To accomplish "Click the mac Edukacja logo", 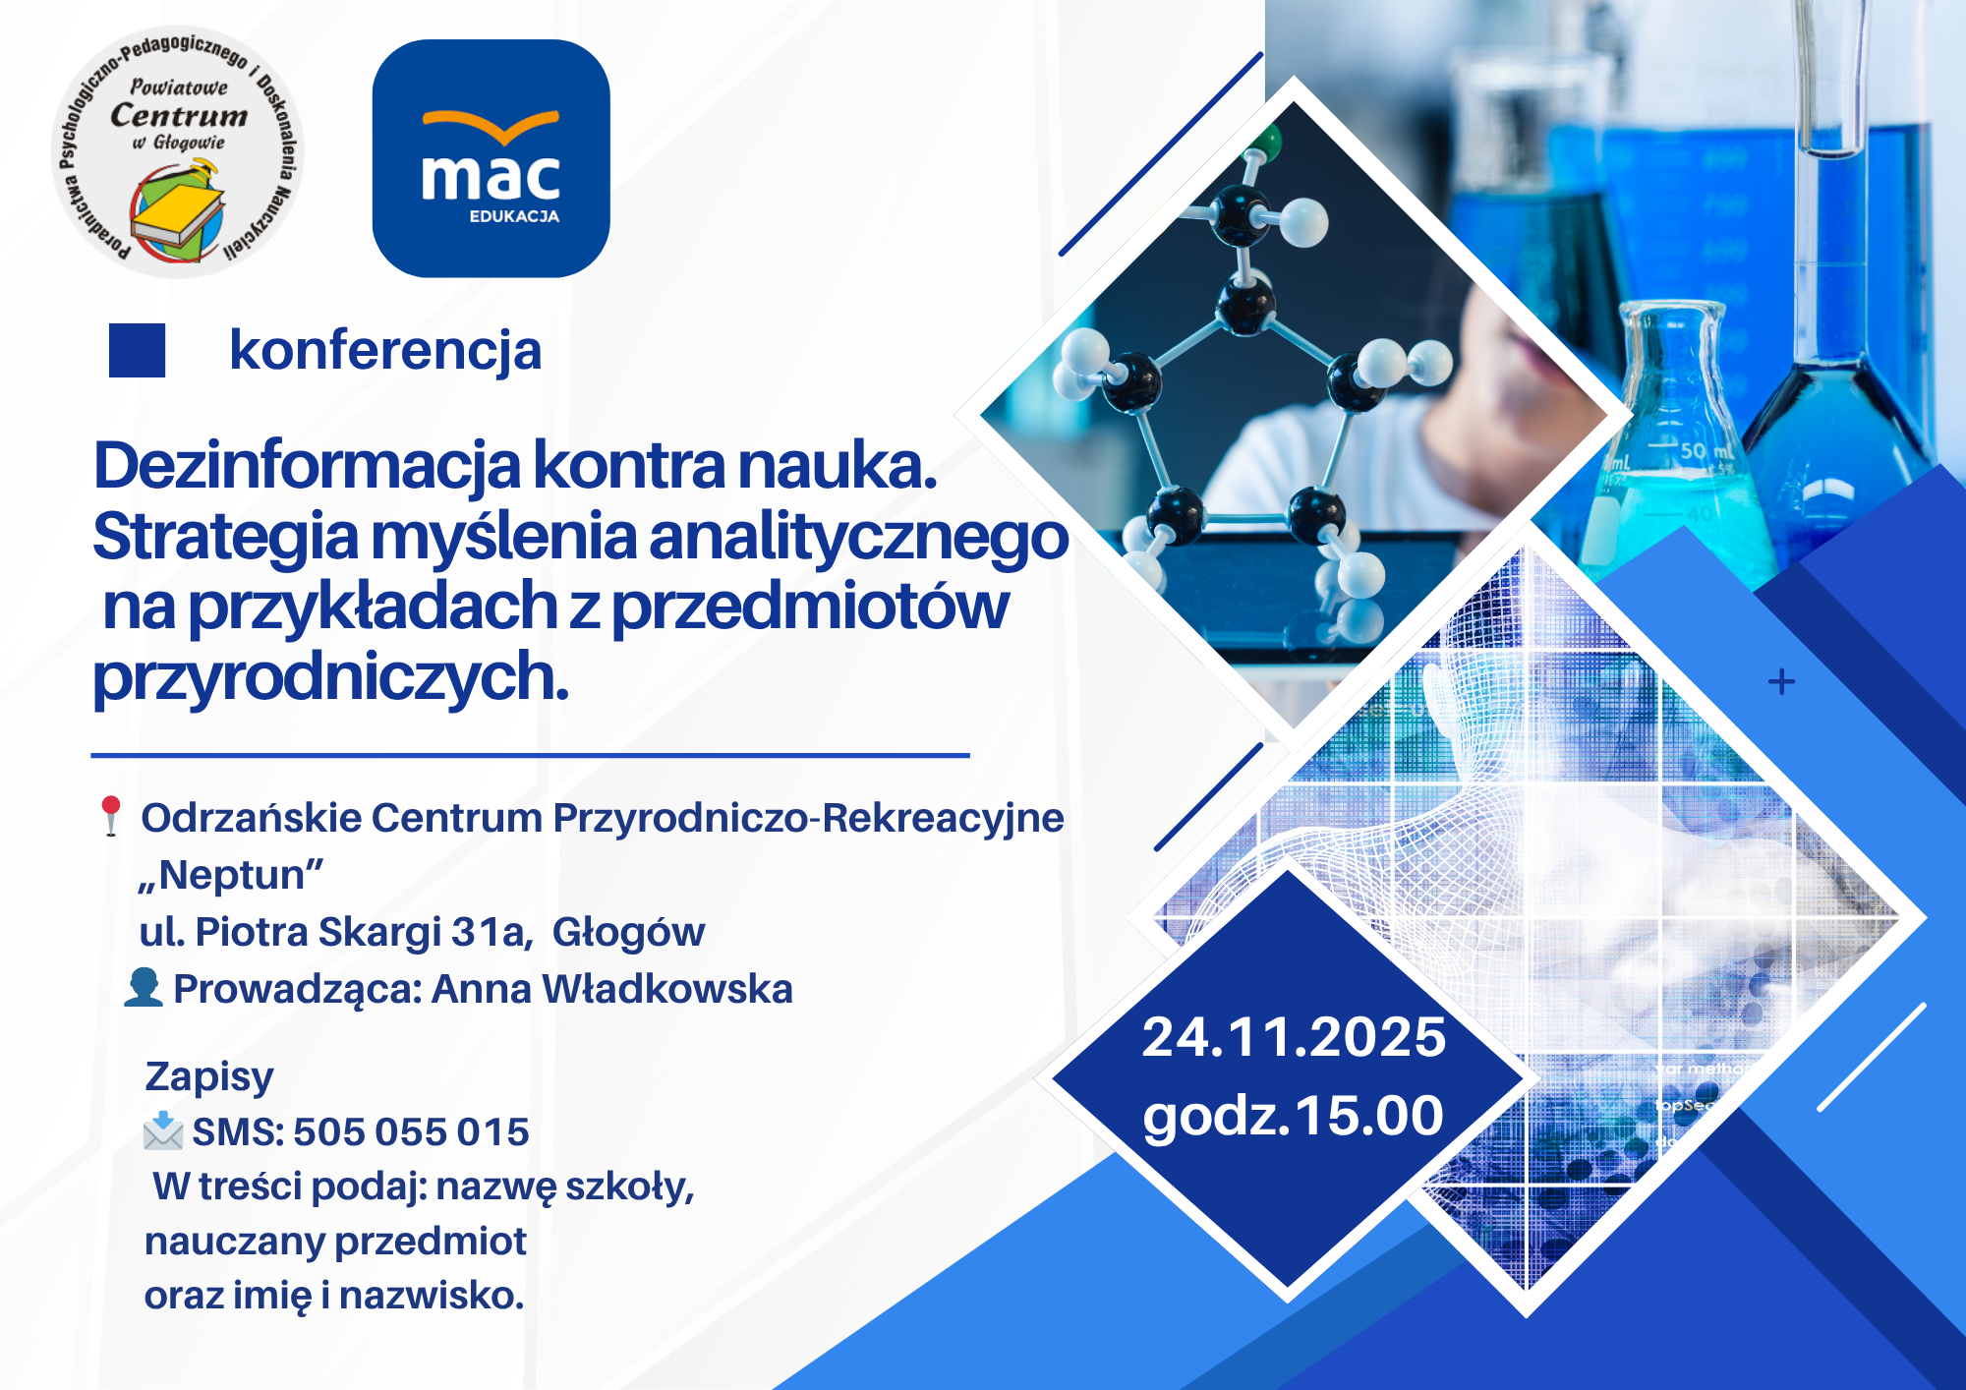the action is pos(491,158).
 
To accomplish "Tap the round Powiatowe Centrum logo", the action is pos(177,151).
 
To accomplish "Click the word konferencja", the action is pos(385,351).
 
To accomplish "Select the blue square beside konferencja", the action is pos(137,351).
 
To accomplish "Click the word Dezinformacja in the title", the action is pos(307,467).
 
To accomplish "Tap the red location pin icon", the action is pos(110,816).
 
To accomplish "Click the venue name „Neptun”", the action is pos(232,875).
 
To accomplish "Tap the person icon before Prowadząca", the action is pos(144,988).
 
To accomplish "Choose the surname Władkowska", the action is pos(667,989).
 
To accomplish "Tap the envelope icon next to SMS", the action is pos(163,1130).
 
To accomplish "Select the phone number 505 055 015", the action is pos(411,1132).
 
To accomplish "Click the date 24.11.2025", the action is pos(1294,1037).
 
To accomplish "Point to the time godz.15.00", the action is pos(1294,1117).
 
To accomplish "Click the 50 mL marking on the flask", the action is pos(1706,451).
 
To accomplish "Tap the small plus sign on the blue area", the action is pos(1781,681).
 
